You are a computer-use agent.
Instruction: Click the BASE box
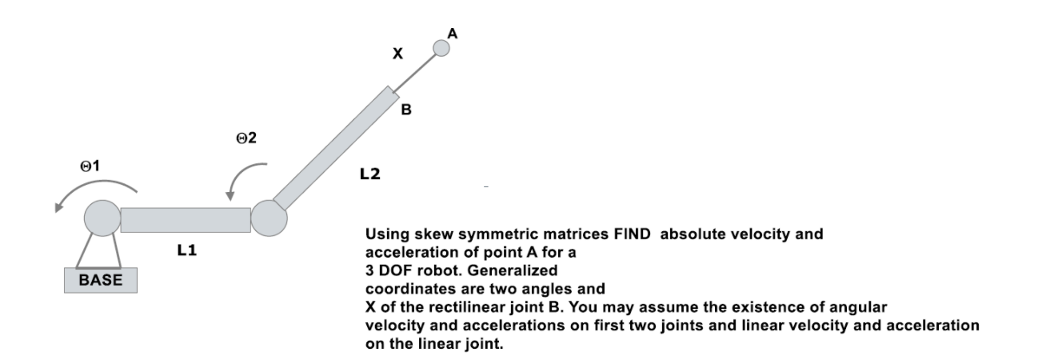100,281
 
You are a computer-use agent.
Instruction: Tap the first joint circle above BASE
102,218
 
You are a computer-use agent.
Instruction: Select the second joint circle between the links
269,218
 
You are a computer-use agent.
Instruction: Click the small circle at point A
441,49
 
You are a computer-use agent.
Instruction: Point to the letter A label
453,34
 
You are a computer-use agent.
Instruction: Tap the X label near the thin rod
397,54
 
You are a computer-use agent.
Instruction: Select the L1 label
186,251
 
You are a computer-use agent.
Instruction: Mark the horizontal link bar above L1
186,219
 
